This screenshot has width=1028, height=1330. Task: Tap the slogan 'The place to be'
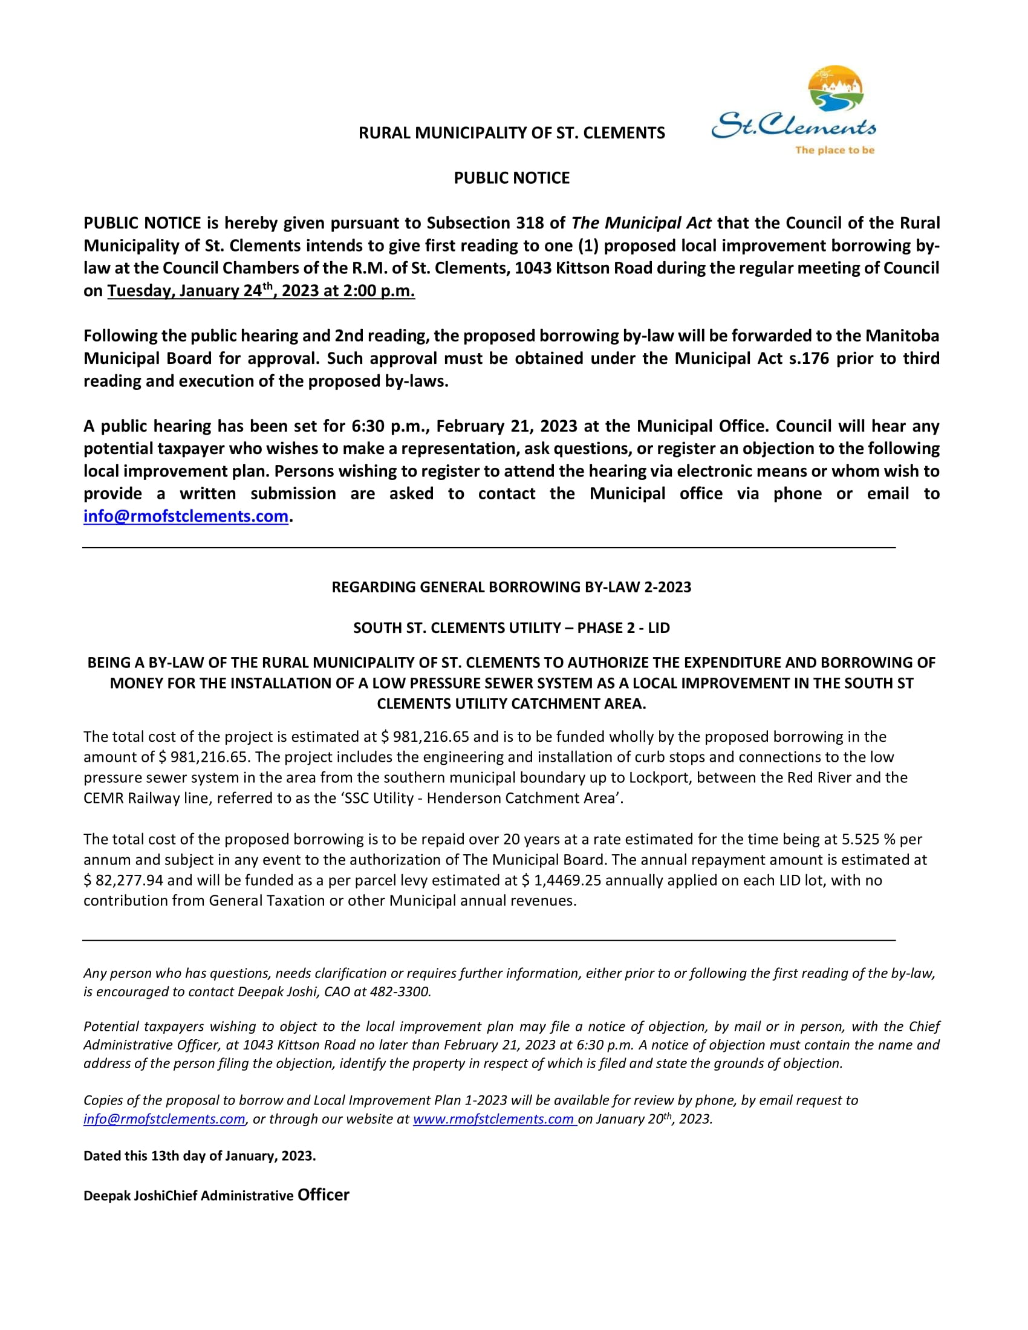pos(834,150)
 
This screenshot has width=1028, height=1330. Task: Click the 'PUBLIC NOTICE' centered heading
pos(512,178)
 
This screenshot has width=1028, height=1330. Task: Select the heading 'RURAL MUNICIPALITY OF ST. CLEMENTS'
pos(512,133)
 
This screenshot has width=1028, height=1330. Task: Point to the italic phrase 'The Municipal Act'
pos(640,223)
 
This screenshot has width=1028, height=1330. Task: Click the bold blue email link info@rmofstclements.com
pos(186,516)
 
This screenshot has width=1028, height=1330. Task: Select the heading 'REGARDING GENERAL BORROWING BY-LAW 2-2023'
pos(512,587)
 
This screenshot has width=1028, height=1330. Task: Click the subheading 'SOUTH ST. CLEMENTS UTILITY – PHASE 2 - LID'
pos(512,628)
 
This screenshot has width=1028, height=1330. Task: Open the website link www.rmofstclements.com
pos(494,1118)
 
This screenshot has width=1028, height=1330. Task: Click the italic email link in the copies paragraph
pos(164,1118)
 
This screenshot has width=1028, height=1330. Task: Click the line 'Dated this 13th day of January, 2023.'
pos(200,1156)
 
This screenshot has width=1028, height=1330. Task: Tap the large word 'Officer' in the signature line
pos(324,1195)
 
